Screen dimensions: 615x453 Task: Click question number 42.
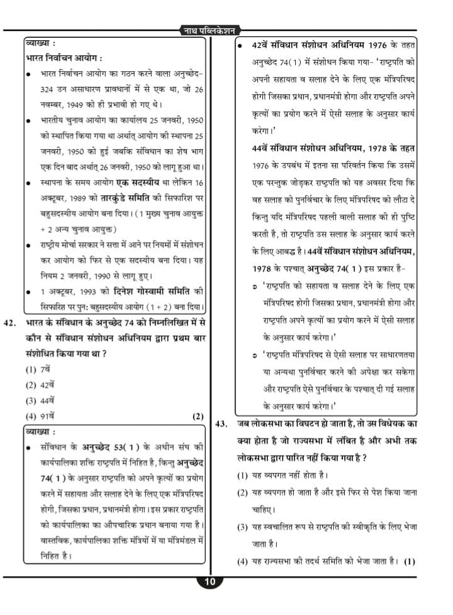(9, 324)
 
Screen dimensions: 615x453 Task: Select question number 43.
(221, 424)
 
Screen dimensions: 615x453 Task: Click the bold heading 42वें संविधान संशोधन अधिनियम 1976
(319, 47)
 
